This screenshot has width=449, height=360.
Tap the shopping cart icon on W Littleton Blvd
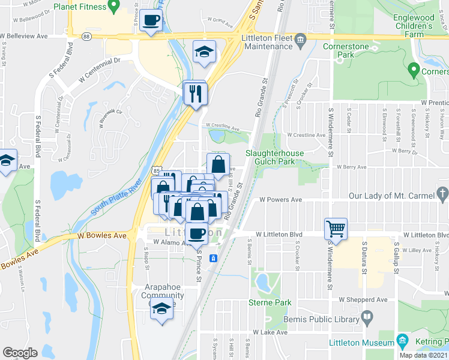coord(336,229)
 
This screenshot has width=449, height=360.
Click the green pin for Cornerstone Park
coord(413,70)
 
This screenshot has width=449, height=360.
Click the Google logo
coord(20,353)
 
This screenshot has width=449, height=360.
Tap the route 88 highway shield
coord(87,37)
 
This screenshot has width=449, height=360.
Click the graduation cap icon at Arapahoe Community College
coord(161,311)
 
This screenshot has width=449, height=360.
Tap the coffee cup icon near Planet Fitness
coord(151,21)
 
